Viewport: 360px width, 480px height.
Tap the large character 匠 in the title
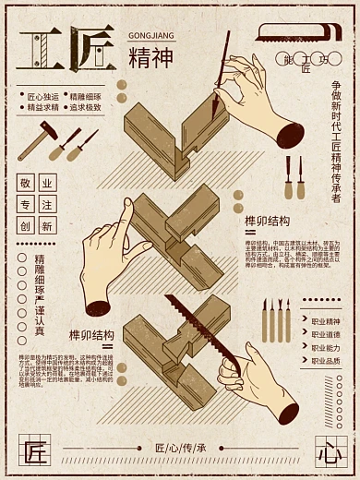coord(90,47)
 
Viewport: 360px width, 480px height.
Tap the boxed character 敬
coord(25,183)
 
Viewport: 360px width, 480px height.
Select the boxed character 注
coord(47,204)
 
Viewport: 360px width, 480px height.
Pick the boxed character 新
coord(47,225)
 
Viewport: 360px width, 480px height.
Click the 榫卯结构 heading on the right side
coord(267,221)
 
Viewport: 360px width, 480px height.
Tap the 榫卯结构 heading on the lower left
coord(91,333)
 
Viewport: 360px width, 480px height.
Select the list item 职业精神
coord(326,320)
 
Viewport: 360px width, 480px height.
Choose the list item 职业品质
coord(326,361)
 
